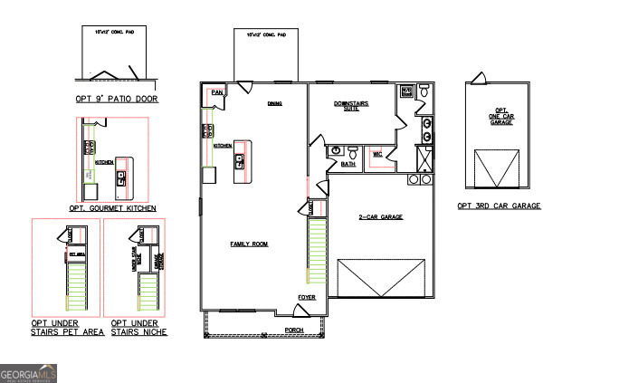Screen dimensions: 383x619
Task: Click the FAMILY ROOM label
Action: (250, 244)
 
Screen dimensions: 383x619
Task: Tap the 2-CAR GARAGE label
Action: (381, 217)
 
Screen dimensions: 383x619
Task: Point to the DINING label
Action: (274, 103)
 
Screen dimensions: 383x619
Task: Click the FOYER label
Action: (307, 296)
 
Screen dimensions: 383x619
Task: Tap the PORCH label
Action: (293, 330)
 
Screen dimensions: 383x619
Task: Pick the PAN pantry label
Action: (216, 92)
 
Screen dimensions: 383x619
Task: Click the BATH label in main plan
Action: (348, 164)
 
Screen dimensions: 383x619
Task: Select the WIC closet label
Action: (378, 155)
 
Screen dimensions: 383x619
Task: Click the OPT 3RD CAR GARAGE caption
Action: (499, 206)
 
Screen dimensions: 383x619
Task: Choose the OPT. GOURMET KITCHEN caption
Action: (112, 208)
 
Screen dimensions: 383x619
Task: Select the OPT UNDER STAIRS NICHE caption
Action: (138, 328)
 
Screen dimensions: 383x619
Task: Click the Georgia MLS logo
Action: (29, 373)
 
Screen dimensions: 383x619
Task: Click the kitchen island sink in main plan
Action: (240, 162)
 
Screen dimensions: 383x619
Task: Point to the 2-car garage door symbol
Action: (381, 277)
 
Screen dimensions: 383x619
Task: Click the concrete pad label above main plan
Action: (266, 35)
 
